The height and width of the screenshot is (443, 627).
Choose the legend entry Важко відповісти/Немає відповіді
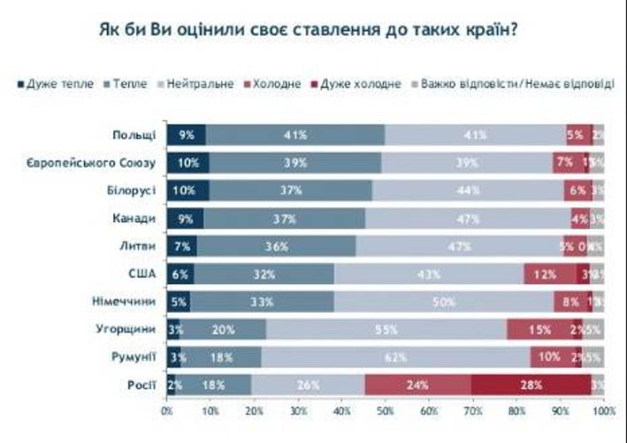pyautogui.click(x=491, y=84)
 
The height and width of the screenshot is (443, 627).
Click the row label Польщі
pyautogui.click(x=134, y=135)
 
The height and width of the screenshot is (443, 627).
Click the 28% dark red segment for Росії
pyautogui.click(x=531, y=385)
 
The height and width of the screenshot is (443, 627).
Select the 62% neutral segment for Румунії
pyautogui.click(x=395, y=357)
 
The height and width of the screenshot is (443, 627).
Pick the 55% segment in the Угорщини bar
pyautogui.click(x=386, y=329)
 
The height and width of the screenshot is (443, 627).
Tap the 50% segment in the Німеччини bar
pyautogui.click(x=444, y=302)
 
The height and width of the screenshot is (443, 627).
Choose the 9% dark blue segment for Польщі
pyautogui.click(x=187, y=135)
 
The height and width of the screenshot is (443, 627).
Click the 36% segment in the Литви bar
pyautogui.click(x=276, y=247)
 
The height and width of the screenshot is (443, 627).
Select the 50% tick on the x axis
pyautogui.click(x=385, y=411)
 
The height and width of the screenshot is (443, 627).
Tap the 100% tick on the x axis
pyautogui.click(x=604, y=411)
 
